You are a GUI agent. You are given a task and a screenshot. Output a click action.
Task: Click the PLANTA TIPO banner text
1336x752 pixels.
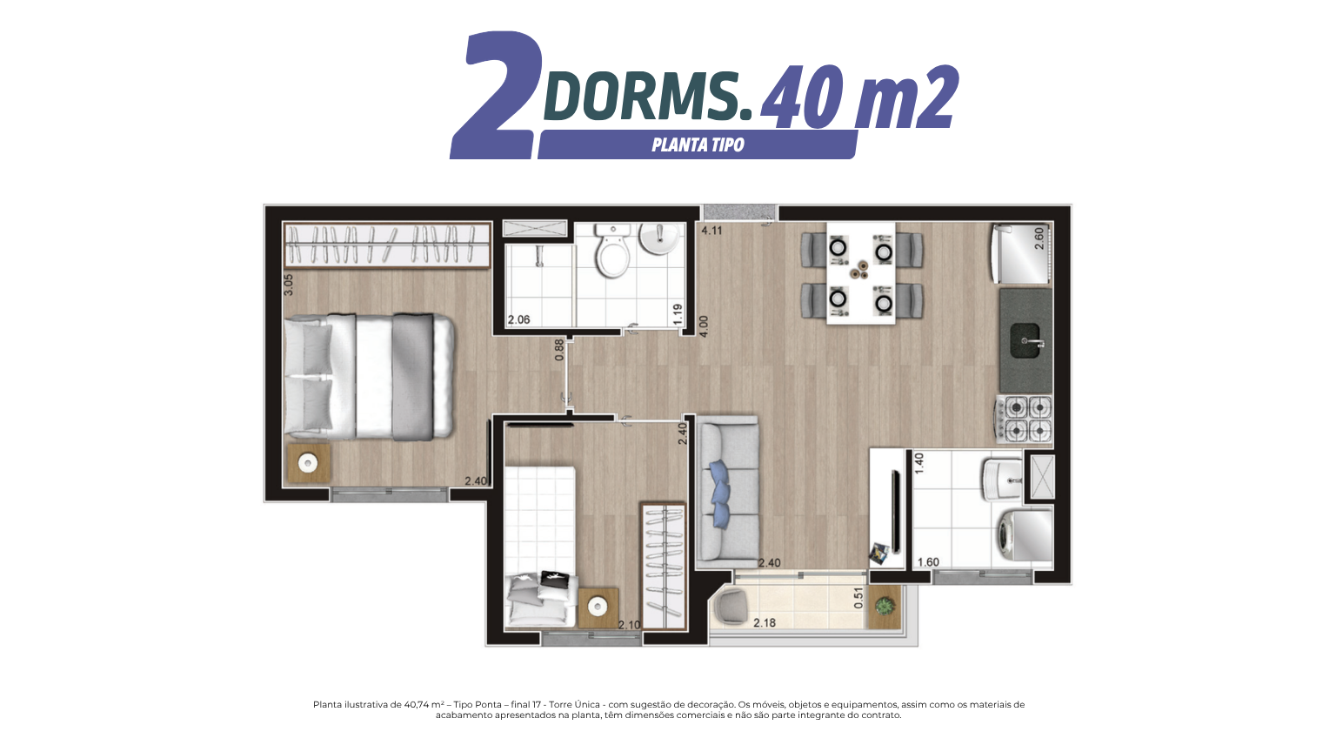(x=698, y=145)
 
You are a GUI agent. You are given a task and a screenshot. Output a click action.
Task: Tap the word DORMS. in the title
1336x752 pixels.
(x=647, y=96)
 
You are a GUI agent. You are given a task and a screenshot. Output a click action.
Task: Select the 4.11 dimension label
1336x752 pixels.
(x=711, y=231)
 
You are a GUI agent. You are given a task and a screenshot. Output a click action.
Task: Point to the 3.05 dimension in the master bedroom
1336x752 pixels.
(x=288, y=285)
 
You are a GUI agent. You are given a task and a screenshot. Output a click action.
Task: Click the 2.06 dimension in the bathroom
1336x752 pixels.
(x=519, y=320)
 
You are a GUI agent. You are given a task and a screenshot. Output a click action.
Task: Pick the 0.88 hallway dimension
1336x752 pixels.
(x=559, y=350)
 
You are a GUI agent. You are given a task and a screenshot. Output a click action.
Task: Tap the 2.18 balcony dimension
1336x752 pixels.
(x=764, y=623)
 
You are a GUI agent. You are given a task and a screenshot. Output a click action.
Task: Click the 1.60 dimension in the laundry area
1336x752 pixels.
(x=928, y=562)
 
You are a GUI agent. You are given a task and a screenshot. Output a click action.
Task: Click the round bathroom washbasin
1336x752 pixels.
(x=659, y=238)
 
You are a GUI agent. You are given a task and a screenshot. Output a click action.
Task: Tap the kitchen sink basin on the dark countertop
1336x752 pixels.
(x=1025, y=341)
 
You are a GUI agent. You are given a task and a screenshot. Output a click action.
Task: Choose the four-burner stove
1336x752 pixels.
(x=1023, y=420)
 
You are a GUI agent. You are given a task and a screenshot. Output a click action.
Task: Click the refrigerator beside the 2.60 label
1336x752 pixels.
(x=1020, y=252)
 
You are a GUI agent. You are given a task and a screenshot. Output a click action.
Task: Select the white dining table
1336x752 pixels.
(x=860, y=273)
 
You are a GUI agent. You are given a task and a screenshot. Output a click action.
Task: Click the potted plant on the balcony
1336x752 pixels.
(x=883, y=606)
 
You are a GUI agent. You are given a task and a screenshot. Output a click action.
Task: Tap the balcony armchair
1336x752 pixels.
(x=731, y=605)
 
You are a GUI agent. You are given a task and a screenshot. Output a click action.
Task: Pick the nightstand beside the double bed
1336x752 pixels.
(x=309, y=462)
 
